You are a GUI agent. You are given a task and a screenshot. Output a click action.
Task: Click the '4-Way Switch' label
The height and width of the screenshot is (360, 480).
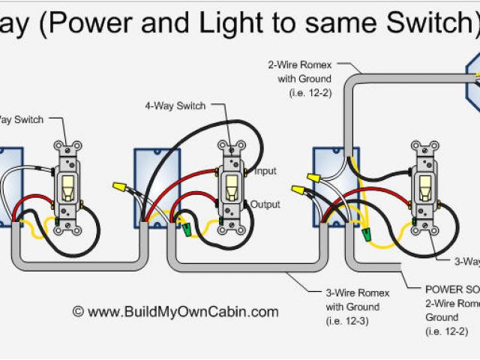tap(175, 106)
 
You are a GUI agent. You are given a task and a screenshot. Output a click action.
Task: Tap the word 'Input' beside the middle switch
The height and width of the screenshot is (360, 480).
tap(265, 172)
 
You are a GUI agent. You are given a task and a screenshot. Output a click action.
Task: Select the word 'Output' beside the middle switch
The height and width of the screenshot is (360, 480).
tap(265, 204)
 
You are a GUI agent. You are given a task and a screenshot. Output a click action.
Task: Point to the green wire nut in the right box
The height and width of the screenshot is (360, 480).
tap(367, 235)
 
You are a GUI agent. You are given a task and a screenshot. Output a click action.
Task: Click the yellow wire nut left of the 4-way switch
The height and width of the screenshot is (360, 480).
tap(118, 184)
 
